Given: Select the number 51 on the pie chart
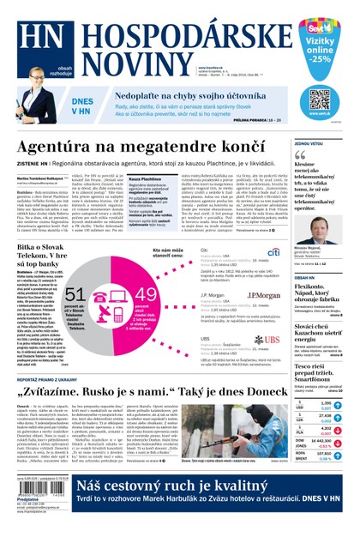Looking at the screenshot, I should pos(75,296).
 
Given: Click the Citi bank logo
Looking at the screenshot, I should pos(274,251).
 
